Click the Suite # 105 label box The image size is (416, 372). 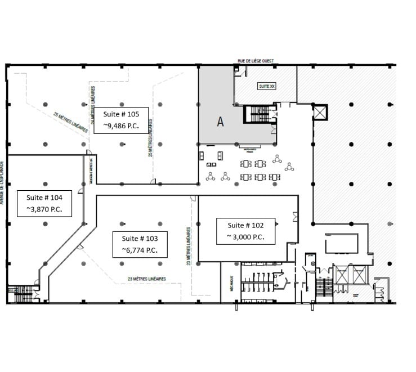coord(121,119)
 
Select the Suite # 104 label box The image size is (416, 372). coord(48,204)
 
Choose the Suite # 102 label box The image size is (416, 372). coord(247,230)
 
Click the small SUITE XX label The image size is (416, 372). coord(266,86)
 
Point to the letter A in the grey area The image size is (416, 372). coord(221,123)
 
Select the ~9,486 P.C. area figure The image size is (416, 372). coord(121,126)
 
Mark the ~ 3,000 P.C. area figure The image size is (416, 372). coord(247,237)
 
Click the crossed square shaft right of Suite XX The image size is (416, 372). coord(319,113)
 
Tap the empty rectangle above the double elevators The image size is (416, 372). coord(341,243)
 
